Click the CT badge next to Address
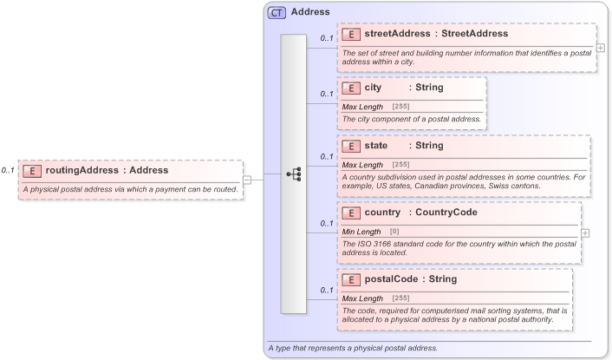click(277, 12)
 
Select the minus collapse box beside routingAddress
click(247, 180)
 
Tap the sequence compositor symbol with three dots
click(294, 174)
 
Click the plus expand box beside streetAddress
click(601, 48)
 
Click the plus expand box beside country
click(585, 232)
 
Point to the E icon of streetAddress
click(351, 34)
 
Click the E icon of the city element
click(351, 88)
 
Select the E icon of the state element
click(351, 146)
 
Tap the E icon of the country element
click(351, 213)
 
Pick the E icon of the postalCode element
click(351, 279)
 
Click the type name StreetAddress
click(475, 34)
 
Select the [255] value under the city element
click(401, 106)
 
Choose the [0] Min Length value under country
click(394, 232)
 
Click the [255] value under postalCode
click(401, 298)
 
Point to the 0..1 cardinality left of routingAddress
click(8, 171)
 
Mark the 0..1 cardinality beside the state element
click(327, 157)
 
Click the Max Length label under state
click(362, 165)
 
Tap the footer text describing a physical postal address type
click(354, 348)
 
